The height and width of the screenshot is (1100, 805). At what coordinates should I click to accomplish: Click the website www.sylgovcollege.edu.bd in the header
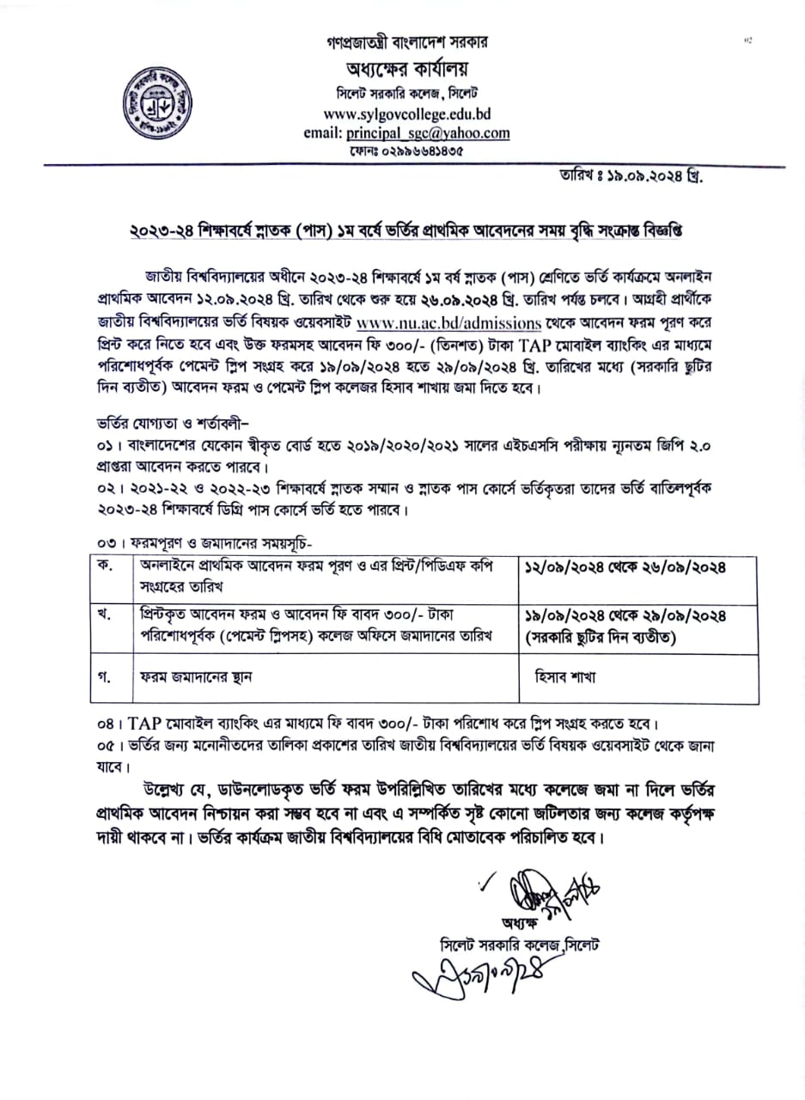point(407,113)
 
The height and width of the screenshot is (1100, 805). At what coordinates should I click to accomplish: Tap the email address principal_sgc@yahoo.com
point(407,133)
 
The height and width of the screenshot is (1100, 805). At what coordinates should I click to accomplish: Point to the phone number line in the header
point(406,151)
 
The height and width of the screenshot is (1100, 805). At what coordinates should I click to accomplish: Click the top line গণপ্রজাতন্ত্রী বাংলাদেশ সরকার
point(406,41)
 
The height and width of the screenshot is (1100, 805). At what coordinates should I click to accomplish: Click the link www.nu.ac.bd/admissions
point(448,324)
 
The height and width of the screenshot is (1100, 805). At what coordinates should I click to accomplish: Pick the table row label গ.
point(108,675)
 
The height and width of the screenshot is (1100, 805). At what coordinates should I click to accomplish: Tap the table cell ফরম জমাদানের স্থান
point(198,676)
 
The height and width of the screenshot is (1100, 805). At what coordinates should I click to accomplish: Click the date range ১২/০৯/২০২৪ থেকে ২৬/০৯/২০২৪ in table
point(625,568)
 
